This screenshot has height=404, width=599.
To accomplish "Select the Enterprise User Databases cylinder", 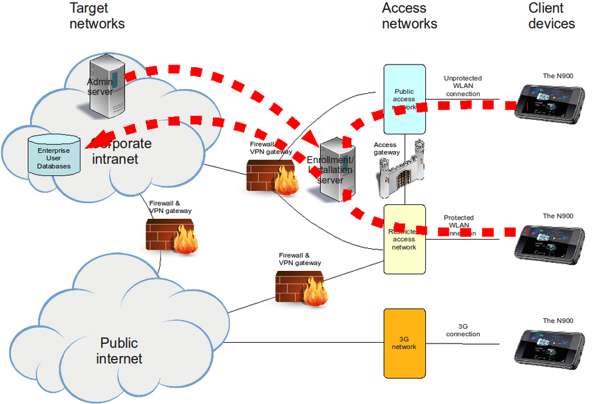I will pos(53,156).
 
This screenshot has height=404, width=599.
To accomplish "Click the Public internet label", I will pos(119,351).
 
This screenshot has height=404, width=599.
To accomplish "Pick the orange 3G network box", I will pos(403,343).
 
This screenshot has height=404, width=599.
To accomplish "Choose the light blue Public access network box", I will pos(403,99).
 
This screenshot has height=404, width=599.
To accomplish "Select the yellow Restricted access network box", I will pos(403,240).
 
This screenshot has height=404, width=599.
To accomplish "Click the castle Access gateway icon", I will pos(400,171).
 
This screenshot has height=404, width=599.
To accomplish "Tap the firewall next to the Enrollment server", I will pos(272,177).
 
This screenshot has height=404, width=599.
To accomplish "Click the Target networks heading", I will pos(97,16).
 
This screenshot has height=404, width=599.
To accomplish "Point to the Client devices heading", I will pos(551,16).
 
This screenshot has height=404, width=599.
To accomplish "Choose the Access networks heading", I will pos(409,16).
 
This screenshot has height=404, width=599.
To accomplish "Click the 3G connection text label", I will pos(463,330).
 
